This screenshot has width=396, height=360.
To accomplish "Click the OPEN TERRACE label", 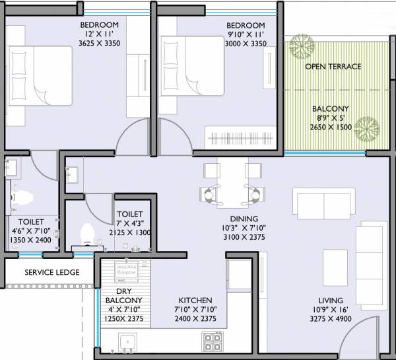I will (333, 67).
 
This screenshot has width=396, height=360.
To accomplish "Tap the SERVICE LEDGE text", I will (52, 272).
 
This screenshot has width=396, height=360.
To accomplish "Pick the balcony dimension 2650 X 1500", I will (334, 127).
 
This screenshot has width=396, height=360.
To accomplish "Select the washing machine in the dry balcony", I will (125, 270).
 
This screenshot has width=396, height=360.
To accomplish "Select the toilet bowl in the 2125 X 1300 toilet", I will (87, 233).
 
